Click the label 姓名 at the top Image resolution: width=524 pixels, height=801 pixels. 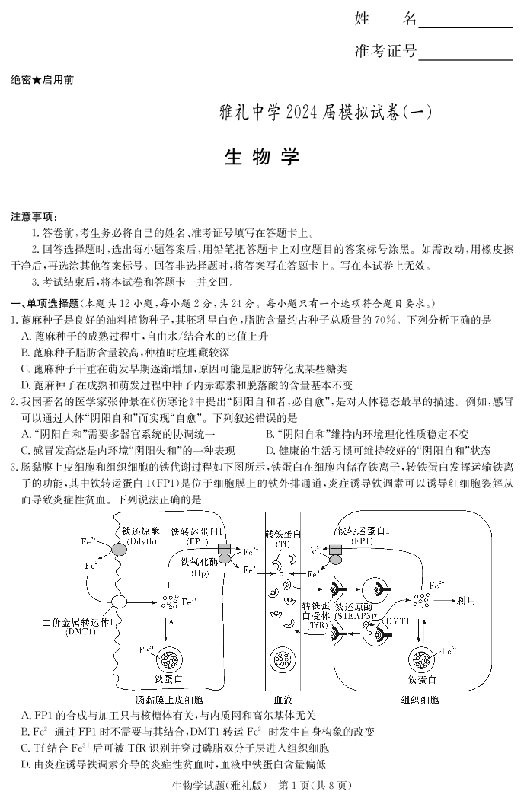(x=385, y=19)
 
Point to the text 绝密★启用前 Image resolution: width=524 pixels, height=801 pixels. (x=43, y=79)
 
